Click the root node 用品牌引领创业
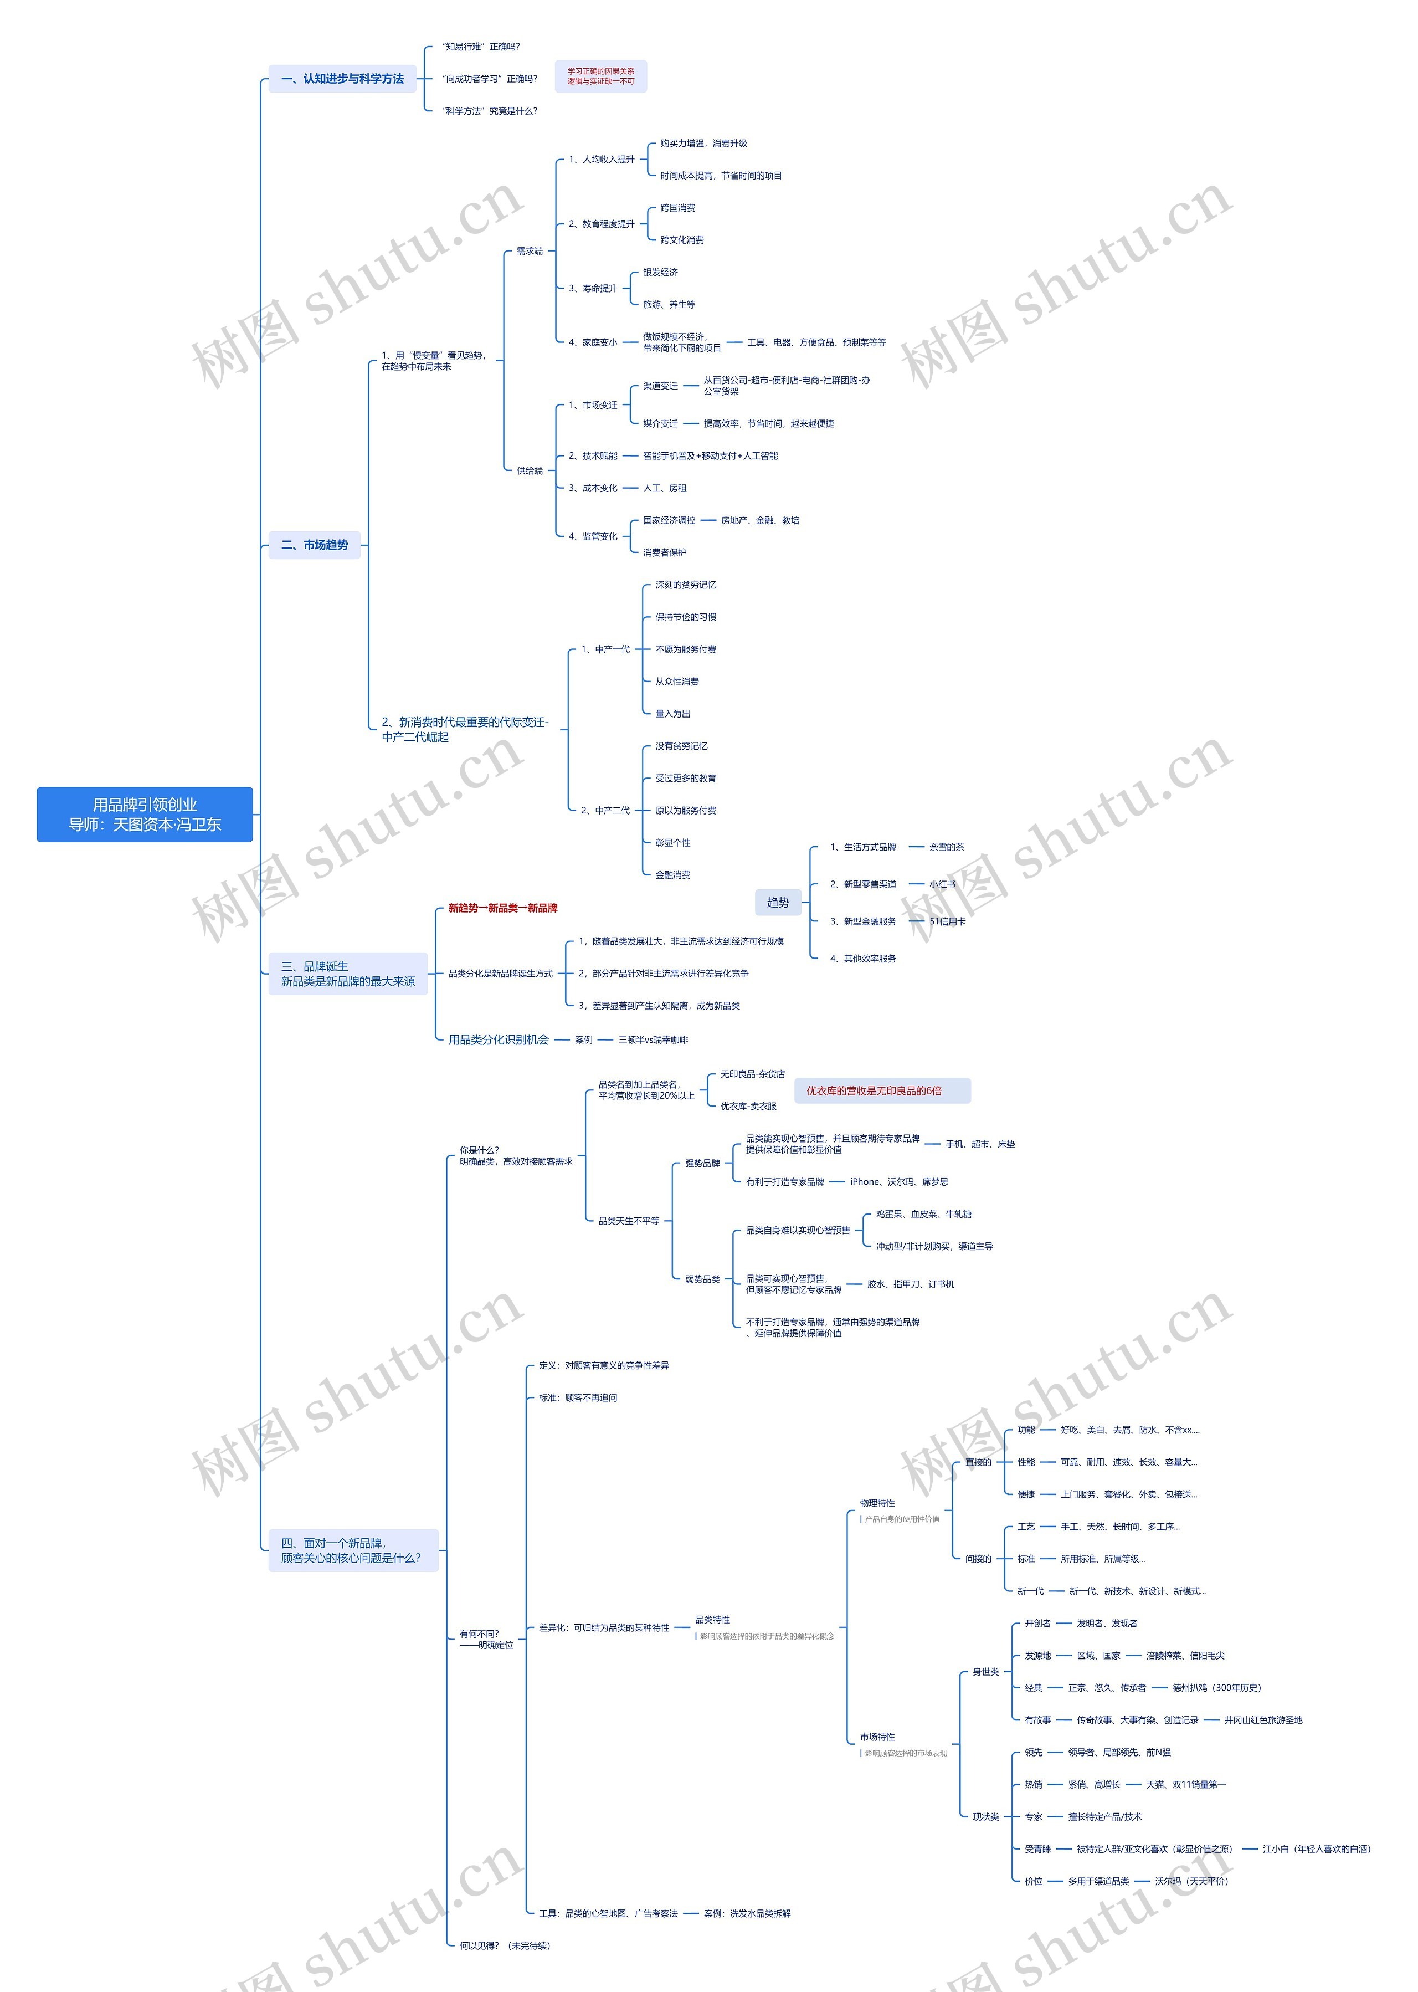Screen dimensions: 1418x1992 (145, 814)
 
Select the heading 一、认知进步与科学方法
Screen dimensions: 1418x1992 (342, 79)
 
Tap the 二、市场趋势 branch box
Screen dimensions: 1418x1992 (314, 545)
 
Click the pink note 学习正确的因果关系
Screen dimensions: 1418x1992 (601, 76)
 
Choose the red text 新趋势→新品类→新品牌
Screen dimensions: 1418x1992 (503, 908)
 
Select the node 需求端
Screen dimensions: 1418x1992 (529, 252)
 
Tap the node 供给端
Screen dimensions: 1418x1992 (529, 470)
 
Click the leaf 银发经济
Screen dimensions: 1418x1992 (660, 273)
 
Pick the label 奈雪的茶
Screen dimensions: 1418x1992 (947, 847)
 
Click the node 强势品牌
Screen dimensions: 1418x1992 (702, 1163)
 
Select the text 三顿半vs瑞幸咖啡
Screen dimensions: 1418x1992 (653, 1040)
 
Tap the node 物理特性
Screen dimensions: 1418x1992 (877, 1503)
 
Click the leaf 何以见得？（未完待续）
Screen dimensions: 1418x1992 (505, 1945)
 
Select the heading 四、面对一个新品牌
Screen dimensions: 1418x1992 (352, 1550)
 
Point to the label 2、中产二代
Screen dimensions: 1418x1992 (605, 811)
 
